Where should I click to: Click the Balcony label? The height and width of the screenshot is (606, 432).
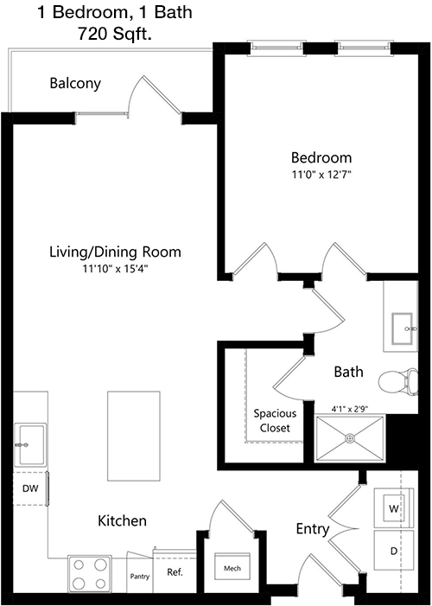tap(75, 84)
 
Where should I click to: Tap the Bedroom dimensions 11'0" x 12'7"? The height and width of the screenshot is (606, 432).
tap(321, 175)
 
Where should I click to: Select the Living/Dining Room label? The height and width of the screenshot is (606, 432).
tap(115, 252)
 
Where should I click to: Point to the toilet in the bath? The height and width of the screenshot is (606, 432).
tap(398, 381)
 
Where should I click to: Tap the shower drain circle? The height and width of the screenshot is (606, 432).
tap(350, 438)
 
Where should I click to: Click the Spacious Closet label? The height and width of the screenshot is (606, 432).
tap(275, 421)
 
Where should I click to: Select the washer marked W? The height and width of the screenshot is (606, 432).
tap(393, 507)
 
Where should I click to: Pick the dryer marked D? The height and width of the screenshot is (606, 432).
tap(394, 551)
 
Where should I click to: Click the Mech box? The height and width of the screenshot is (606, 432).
tap(232, 566)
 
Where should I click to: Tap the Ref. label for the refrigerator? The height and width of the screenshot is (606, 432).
tap(175, 572)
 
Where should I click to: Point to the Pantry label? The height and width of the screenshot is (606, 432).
tap(139, 577)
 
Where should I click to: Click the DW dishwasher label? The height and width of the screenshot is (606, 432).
tap(30, 488)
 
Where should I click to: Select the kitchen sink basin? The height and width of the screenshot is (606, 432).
tap(31, 445)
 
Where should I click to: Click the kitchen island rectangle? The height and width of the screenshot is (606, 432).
tap(134, 436)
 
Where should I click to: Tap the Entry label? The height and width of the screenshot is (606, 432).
tap(313, 529)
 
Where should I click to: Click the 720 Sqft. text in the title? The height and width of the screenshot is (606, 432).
tap(114, 34)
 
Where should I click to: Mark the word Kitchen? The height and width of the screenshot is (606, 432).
tap(122, 520)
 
